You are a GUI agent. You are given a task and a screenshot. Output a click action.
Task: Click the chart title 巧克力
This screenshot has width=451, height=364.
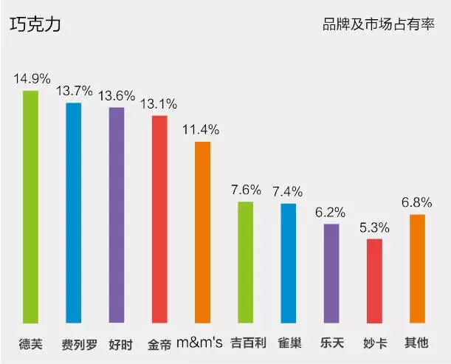35,24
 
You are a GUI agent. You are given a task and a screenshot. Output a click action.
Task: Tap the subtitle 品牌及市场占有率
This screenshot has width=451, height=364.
378,24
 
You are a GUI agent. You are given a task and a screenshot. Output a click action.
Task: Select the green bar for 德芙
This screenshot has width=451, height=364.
30,207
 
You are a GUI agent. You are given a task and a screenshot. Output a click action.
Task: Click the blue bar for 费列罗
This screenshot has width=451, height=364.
73,213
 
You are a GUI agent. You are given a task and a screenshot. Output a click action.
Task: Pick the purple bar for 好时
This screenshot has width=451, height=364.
117,215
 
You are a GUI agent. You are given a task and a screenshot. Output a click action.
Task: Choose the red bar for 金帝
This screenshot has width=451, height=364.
159,219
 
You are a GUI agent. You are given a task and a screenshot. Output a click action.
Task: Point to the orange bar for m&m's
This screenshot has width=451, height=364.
202,232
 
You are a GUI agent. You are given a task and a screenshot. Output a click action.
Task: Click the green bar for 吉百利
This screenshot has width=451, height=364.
245,262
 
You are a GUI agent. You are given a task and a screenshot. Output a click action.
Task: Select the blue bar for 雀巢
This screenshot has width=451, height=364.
288,263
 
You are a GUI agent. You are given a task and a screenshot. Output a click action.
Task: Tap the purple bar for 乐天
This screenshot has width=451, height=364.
331,273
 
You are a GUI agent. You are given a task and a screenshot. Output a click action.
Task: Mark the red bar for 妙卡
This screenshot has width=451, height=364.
374,281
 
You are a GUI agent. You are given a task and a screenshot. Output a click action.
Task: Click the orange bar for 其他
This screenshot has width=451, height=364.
417,269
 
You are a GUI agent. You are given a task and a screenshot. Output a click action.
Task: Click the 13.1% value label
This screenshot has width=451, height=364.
159,103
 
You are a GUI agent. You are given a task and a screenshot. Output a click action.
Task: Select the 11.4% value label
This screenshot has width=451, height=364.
202,129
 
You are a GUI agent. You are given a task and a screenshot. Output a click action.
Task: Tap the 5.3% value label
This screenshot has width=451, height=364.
374,226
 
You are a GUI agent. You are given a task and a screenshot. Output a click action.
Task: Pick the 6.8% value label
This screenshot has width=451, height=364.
417,202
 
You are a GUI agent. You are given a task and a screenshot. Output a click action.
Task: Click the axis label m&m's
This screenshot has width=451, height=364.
202,344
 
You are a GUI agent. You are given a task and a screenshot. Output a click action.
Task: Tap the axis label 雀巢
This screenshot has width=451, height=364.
288,344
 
